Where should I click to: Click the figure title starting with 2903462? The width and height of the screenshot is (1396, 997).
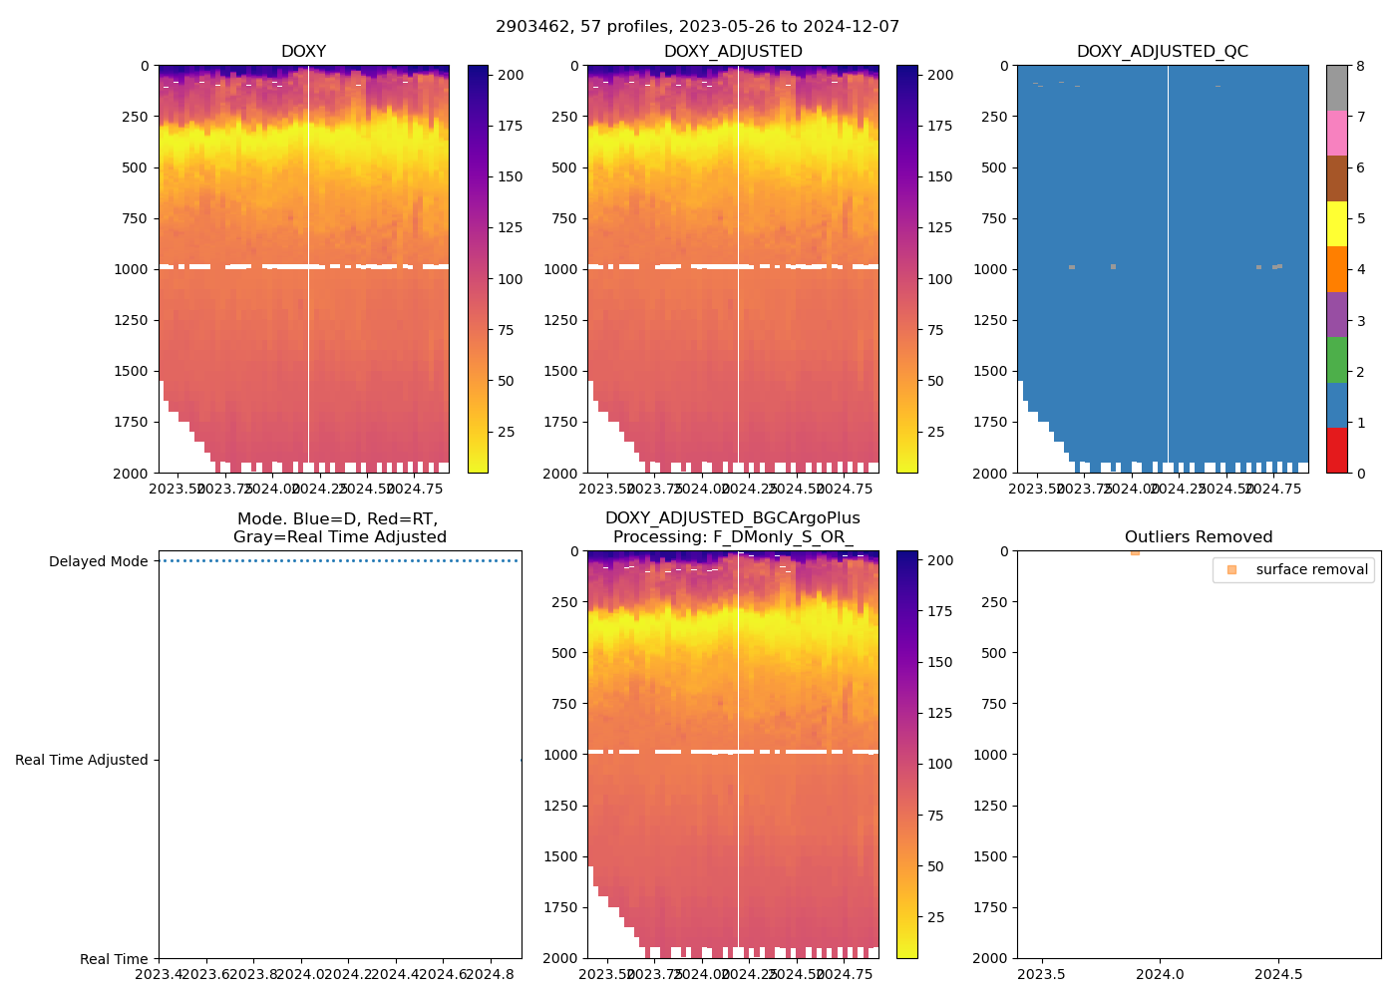[697, 27]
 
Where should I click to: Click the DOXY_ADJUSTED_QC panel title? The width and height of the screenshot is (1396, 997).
[1162, 52]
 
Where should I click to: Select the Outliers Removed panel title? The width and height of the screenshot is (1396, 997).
[1199, 537]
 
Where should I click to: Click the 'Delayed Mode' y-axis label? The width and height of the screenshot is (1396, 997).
[98, 561]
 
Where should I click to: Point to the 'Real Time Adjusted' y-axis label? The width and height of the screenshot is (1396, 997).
[82, 760]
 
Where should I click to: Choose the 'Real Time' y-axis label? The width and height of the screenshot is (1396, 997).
[114, 959]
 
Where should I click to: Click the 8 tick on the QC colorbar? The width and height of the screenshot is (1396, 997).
[1361, 66]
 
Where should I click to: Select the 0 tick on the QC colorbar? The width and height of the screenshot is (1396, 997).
[1361, 473]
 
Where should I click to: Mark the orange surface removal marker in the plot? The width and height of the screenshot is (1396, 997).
[1135, 551]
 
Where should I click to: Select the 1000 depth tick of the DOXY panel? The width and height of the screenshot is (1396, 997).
[132, 269]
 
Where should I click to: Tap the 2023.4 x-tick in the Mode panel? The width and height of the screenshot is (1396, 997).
[159, 974]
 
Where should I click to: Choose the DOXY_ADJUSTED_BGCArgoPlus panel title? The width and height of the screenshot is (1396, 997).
[732, 527]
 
